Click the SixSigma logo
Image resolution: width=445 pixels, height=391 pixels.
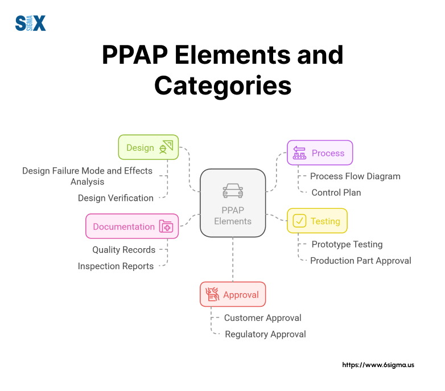[30, 23]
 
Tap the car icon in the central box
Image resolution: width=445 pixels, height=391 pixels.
[233, 190]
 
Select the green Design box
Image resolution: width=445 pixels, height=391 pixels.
[149, 147]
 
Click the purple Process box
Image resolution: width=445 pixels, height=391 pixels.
[319, 153]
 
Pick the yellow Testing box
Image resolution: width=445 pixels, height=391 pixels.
[317, 221]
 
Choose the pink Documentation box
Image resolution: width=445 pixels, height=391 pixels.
[132, 226]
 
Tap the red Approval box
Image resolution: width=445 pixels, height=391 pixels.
[233, 294]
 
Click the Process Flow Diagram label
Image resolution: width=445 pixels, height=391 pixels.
[355, 176]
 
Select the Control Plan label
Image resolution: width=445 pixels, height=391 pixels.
[336, 192]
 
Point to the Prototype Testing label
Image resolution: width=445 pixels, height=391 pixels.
[347, 244]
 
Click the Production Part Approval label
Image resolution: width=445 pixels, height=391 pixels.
[360, 260]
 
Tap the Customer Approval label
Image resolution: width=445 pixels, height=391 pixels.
[262, 318]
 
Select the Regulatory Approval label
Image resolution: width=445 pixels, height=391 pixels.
[265, 334]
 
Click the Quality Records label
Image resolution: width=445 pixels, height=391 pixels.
[123, 249]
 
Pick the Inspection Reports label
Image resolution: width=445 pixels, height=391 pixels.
[116, 266]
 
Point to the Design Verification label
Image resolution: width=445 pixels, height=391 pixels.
[116, 198]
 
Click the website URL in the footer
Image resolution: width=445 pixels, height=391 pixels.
[378, 365]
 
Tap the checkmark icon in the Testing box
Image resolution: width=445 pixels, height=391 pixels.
[299, 221]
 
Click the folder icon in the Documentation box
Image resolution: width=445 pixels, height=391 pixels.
[166, 227]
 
